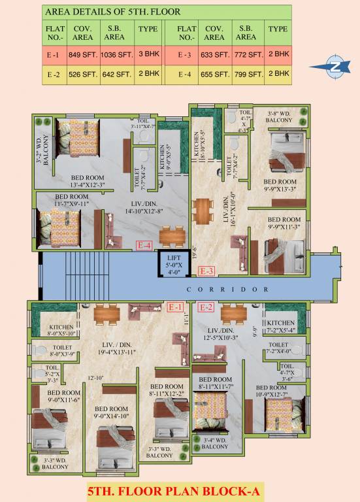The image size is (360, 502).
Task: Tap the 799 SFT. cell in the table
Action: (x=247, y=75)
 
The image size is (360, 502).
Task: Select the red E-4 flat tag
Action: (x=144, y=246)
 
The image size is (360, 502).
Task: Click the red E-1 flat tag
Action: (x=175, y=307)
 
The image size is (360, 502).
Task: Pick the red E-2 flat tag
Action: (x=206, y=307)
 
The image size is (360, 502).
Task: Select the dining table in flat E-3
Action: (x=204, y=209)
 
